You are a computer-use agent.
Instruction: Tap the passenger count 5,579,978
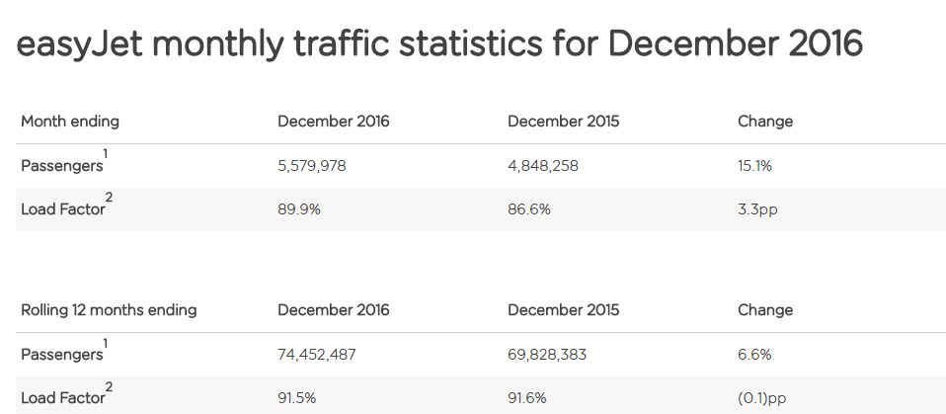[312, 166]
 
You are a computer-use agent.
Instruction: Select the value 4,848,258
[543, 166]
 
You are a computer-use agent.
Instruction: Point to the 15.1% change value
[754, 166]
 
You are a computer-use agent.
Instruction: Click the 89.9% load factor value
[298, 209]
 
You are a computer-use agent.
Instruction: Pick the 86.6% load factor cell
[529, 209]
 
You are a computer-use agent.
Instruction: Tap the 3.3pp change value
[757, 209]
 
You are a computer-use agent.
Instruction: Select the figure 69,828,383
[547, 354]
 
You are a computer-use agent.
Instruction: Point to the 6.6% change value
[754, 354]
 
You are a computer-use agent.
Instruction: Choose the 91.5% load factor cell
[297, 397]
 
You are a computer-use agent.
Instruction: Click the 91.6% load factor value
[527, 397]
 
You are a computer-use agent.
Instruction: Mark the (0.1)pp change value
[763, 397]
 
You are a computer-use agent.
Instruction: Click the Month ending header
[70, 122]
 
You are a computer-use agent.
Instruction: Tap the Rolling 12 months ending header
[109, 310]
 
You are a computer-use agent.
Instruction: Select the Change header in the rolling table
[765, 310]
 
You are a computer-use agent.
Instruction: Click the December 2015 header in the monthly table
[564, 122]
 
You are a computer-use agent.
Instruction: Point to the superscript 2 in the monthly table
[109, 198]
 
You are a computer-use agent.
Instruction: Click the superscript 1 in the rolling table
[106, 342]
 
